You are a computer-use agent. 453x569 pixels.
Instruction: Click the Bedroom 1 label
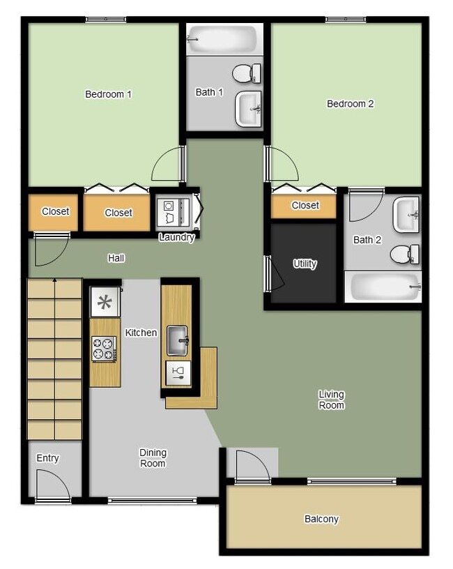click(x=108, y=94)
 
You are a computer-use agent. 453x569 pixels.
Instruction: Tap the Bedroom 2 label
click(x=350, y=104)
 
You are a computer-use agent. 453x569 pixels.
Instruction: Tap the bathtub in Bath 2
click(x=383, y=287)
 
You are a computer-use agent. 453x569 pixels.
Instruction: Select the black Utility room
click(x=304, y=264)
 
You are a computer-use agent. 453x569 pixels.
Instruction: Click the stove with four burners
click(x=105, y=349)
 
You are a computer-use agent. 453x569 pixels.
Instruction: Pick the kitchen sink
click(x=178, y=340)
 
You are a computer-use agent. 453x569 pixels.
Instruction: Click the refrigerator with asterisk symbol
click(x=105, y=302)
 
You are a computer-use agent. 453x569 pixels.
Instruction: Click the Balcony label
click(x=321, y=519)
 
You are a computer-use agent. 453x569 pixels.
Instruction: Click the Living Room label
click(x=331, y=400)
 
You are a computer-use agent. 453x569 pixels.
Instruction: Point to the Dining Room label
click(x=152, y=458)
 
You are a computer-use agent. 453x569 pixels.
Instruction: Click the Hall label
click(x=116, y=258)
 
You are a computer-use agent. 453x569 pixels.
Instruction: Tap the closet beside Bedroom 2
click(x=305, y=206)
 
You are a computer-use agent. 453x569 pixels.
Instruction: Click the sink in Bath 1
click(x=248, y=109)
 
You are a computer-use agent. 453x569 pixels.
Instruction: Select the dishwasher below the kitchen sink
click(x=177, y=373)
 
